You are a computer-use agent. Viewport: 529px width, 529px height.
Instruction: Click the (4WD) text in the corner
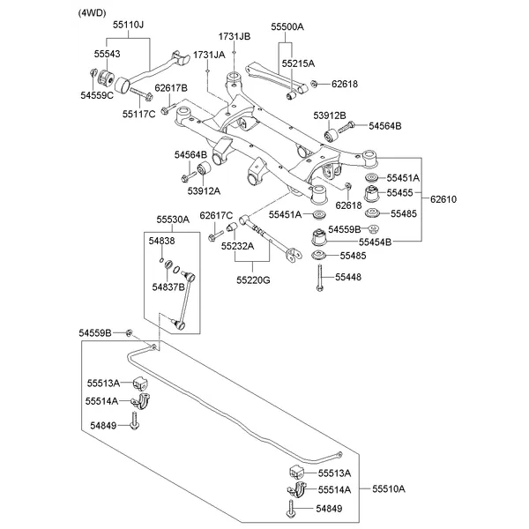pos(93,13)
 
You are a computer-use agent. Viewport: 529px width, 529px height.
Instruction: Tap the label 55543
pos(108,54)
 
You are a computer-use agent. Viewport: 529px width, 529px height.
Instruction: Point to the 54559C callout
pos(97,94)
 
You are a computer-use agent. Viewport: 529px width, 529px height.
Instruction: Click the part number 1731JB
pos(235,36)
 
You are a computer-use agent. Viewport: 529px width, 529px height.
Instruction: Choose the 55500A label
pos(287,28)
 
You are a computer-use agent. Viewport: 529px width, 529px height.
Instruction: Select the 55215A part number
pos(298,63)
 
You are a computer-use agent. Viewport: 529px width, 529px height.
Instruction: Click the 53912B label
pos(330,115)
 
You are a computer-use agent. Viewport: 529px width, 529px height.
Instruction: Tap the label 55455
pos(402,191)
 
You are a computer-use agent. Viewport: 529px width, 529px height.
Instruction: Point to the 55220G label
pos(253,279)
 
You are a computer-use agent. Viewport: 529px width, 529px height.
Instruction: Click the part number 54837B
pos(168,287)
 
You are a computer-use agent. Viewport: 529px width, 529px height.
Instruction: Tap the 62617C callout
pos(216,216)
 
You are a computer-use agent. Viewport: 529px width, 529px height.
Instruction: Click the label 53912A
pos(204,190)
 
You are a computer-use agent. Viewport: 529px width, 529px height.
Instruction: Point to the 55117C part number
pos(139,114)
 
